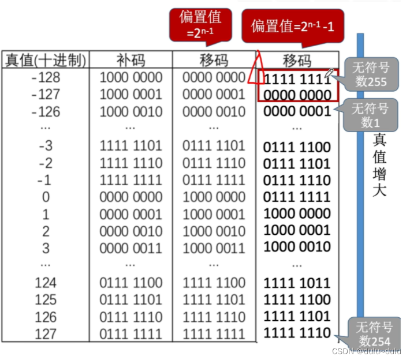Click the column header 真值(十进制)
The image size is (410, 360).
pos(46,60)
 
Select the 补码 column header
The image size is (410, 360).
pos(131,60)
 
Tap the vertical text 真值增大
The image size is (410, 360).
pos(379,165)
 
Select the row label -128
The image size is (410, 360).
pos(46,77)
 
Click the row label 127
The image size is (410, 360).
pos(46,333)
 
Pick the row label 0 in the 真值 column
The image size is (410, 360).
pos(46,197)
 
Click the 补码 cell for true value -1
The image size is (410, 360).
pos(131,180)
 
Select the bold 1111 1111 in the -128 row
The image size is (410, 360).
pos(297,78)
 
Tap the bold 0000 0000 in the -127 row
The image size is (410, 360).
pos(297,95)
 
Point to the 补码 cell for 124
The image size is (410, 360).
pos(131,283)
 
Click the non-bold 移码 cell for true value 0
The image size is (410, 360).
pos(214,197)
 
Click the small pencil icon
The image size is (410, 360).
pos(329,73)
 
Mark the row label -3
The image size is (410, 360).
pos(46,146)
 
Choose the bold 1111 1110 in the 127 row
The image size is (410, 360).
pos(297,333)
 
